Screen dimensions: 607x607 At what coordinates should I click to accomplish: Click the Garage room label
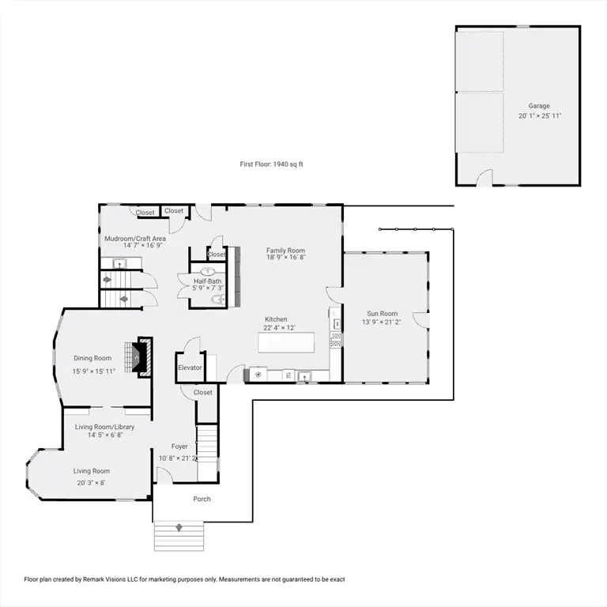point(539,106)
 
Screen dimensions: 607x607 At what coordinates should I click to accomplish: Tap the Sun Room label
point(382,314)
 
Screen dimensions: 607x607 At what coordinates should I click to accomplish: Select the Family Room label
point(285,251)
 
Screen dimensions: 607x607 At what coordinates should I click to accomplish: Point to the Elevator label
point(190,368)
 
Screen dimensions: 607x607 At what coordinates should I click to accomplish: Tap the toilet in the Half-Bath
point(218,299)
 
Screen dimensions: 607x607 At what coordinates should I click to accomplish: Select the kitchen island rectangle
point(286,342)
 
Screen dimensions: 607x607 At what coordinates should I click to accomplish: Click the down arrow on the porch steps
point(179,528)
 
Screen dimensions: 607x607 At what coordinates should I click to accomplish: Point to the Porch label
point(202,499)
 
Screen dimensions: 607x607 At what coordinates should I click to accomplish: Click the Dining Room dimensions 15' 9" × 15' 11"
point(94,371)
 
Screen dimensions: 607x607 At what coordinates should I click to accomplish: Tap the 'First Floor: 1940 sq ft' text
point(271,164)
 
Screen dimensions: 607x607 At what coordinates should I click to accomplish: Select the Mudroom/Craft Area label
point(135,239)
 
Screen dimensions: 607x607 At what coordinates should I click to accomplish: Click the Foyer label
point(179,447)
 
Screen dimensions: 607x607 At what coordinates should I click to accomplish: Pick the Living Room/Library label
point(104,427)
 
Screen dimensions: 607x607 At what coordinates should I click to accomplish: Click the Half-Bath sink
point(208,271)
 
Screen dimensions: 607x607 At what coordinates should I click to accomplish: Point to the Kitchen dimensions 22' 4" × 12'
point(279,328)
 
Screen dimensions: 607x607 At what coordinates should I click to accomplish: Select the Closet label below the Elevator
point(202,392)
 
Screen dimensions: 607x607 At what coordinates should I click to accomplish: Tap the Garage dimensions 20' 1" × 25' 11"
point(540,115)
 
